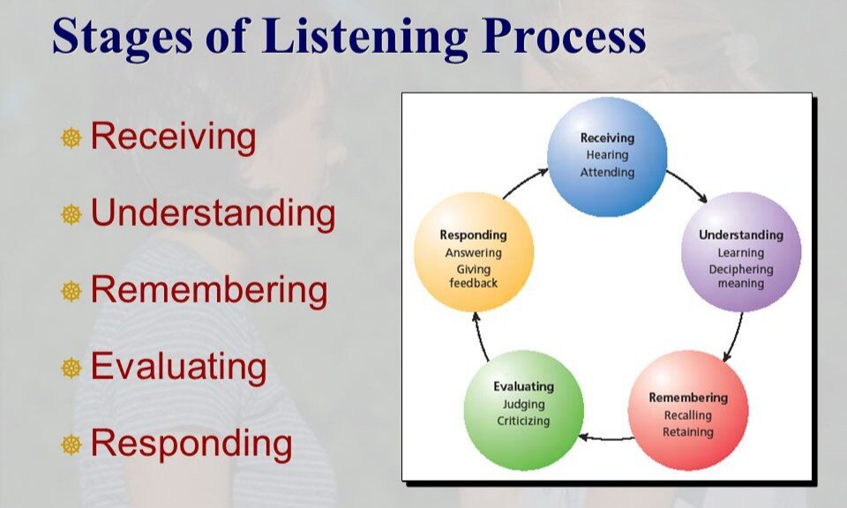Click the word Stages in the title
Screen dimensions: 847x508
[x=123, y=37]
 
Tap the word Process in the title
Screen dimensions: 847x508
[x=564, y=35]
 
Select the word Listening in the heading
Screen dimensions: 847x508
[x=365, y=37]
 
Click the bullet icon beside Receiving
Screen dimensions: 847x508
[x=71, y=138]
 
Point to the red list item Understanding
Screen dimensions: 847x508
[x=213, y=213]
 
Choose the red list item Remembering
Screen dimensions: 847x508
[x=209, y=290]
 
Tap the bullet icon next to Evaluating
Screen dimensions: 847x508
[x=71, y=368]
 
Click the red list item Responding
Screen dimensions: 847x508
[x=191, y=444]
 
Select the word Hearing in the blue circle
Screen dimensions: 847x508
[x=608, y=155]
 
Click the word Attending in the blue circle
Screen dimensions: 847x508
[x=608, y=173]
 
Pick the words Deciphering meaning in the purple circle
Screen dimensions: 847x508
[x=741, y=276]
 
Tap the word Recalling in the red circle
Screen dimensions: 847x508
[x=688, y=415]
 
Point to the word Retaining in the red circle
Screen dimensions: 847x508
[x=688, y=432]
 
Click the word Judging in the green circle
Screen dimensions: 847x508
[x=523, y=405]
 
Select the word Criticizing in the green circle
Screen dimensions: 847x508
[x=523, y=421]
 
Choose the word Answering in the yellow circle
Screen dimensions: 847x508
[x=474, y=253]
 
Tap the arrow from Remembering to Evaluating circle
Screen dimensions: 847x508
[x=605, y=437]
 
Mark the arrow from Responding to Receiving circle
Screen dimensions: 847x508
[x=524, y=182]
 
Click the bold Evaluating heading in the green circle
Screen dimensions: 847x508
[x=523, y=387]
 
